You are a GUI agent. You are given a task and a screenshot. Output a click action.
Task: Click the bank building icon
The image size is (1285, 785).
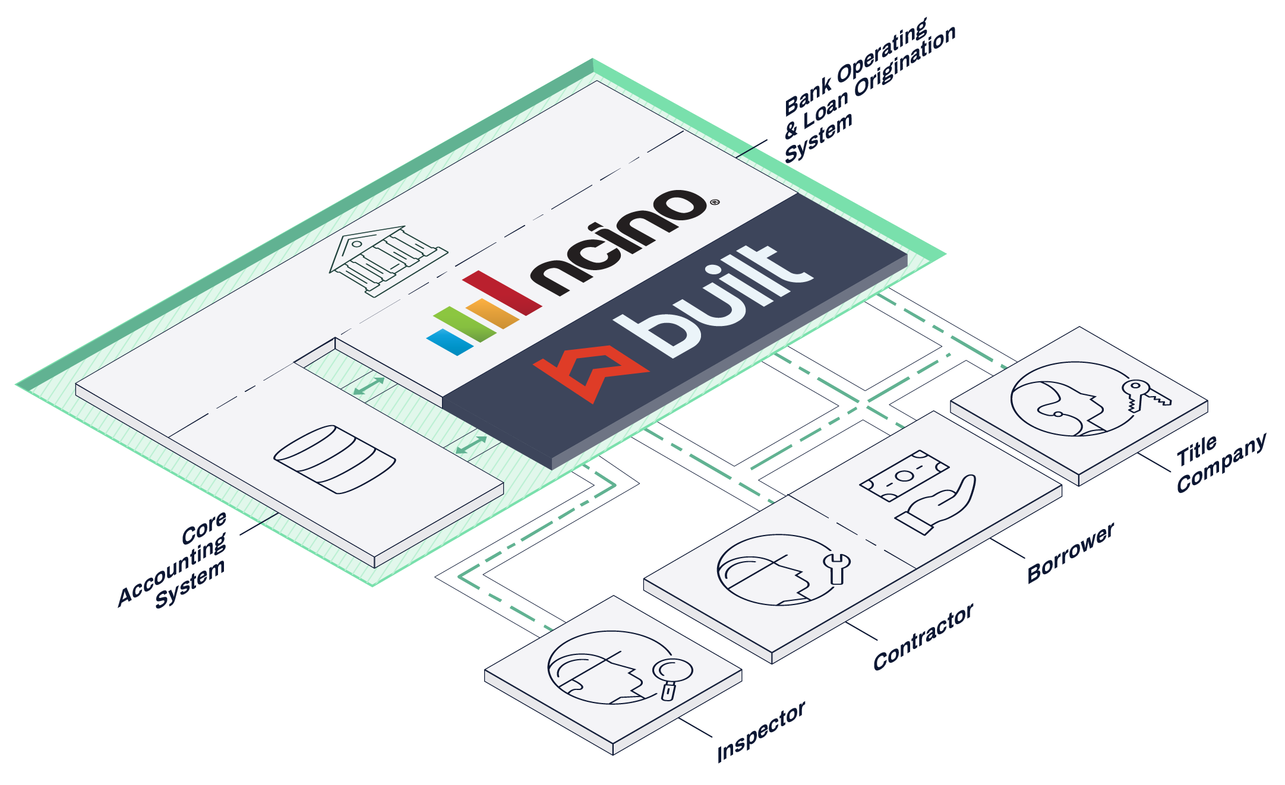(388, 261)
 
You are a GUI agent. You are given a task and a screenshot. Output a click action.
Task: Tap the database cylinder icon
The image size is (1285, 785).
(334, 459)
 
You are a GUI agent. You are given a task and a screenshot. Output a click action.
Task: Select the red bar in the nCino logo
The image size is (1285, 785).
(502, 293)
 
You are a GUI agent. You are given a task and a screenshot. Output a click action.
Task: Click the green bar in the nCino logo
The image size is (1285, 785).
(465, 324)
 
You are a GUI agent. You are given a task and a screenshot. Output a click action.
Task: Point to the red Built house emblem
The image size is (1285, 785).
(591, 374)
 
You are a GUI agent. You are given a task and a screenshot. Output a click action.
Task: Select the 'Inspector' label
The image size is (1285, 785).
(761, 731)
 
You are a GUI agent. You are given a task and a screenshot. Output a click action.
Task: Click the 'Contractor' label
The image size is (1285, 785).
(923, 637)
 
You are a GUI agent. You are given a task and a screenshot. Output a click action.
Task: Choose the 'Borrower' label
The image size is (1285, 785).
(1071, 553)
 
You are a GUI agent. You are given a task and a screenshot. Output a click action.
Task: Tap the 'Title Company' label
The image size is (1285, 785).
(1221, 463)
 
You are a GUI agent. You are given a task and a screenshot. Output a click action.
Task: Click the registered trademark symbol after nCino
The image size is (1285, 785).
(715, 202)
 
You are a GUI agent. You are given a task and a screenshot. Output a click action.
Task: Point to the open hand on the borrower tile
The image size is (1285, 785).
(936, 505)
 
